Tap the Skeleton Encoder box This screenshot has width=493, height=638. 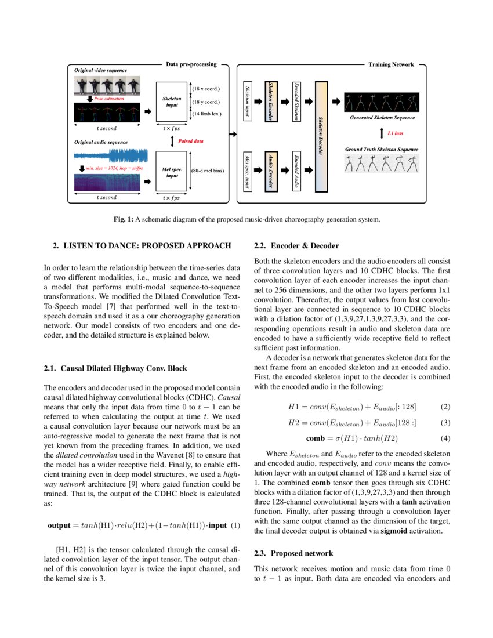pyautogui.click(x=269, y=101)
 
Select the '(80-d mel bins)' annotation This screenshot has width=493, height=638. pyautogui.click(x=208, y=171)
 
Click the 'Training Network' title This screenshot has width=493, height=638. pyautogui.click(x=391, y=64)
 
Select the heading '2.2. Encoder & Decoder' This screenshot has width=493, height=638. pyautogui.click(x=296, y=245)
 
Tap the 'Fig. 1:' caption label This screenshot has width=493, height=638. pyautogui.click(x=123, y=219)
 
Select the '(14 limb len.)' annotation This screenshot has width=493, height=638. pyautogui.click(x=208, y=114)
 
